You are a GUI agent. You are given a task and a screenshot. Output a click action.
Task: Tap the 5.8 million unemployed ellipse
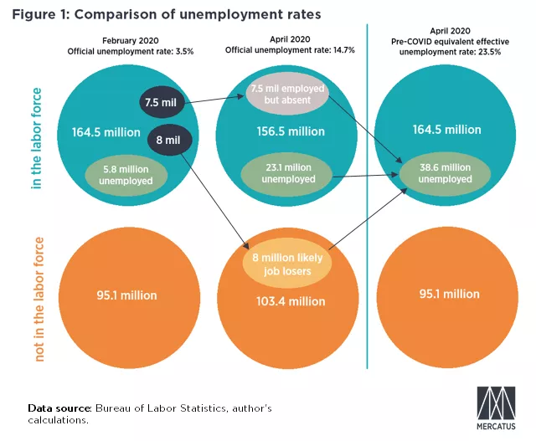[x=127, y=175]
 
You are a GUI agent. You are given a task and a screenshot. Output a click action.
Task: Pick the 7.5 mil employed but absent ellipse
[x=285, y=95]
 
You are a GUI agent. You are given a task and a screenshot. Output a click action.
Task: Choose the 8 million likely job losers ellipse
[x=286, y=265]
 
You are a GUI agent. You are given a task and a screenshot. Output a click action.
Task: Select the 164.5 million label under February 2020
[x=100, y=131]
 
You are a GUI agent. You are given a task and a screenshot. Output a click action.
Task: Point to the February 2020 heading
[x=129, y=40]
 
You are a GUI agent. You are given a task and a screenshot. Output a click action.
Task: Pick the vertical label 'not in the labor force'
[x=36, y=298]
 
